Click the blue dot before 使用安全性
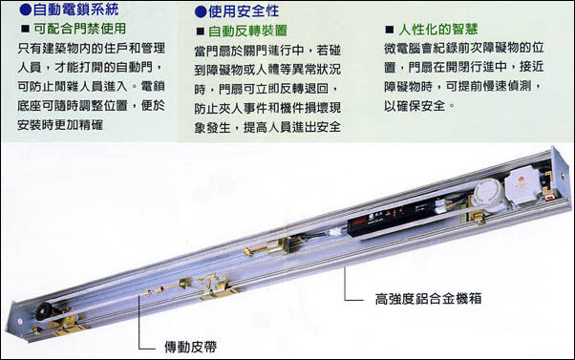199,12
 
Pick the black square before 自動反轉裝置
201,31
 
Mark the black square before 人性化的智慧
386,30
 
